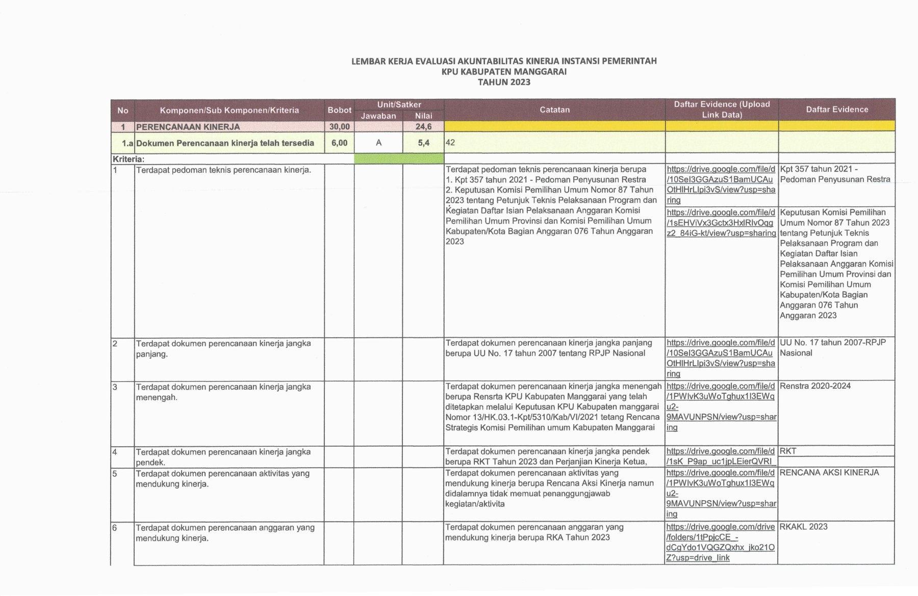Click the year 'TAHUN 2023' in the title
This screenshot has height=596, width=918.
point(503,82)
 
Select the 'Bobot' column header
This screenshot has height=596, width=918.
point(339,110)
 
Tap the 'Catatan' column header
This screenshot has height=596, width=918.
point(554,110)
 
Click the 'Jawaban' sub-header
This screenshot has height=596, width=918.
point(378,116)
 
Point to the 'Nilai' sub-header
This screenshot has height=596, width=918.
point(423,116)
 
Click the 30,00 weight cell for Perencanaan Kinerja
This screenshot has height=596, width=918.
point(339,126)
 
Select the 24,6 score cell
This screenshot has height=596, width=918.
point(423,126)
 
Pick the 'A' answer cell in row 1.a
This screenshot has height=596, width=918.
point(378,143)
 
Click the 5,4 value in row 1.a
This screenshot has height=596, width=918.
point(423,143)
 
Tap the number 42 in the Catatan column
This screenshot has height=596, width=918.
point(450,143)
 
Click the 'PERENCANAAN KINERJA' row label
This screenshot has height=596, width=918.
point(188,126)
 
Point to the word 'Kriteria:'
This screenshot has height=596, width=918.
point(129,159)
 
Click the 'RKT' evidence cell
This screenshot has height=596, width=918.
point(788,451)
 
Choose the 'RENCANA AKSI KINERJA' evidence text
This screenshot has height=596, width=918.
point(829,473)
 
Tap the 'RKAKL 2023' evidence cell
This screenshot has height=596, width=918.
point(803,527)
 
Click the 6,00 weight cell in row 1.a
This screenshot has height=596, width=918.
point(339,143)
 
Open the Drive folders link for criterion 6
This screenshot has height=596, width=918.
point(720,542)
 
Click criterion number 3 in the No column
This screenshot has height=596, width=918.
point(115,387)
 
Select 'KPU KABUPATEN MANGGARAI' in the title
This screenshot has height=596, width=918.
point(503,71)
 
